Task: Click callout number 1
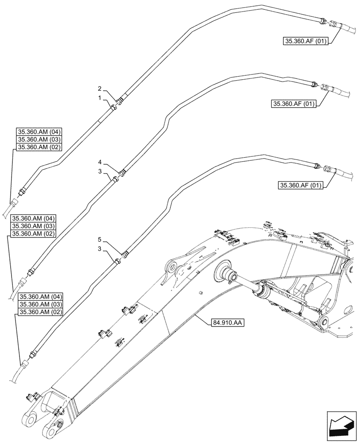point(100,97)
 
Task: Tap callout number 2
point(100,88)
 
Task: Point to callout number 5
point(100,239)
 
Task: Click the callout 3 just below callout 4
point(100,171)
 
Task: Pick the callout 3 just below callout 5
point(100,249)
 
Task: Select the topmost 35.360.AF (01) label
point(305,42)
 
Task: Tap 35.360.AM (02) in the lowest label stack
point(41,312)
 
